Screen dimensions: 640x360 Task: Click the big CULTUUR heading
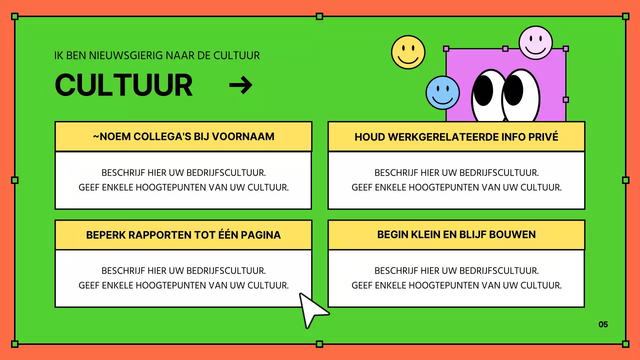point(123,85)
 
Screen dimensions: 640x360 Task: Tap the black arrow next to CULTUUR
point(240,86)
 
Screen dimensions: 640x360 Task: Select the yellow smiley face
point(408,52)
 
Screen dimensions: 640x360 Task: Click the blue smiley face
point(442,92)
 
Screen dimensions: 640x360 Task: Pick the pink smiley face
point(535,42)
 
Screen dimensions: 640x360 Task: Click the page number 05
point(603,324)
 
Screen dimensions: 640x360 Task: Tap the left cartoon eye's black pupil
point(483,90)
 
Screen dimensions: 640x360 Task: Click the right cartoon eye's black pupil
point(513,90)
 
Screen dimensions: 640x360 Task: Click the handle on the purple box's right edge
point(565,99)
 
